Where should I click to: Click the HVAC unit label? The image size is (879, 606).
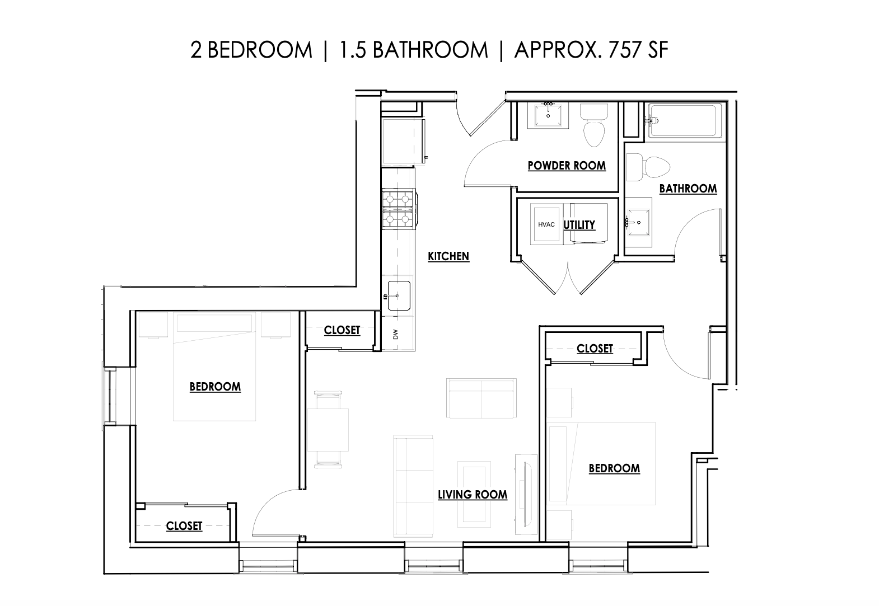pos(546,224)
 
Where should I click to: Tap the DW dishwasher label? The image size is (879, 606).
pos(395,335)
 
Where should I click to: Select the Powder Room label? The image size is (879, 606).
pos(567,166)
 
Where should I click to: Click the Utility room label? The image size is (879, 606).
pos(579,224)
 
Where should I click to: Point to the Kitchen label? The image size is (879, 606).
pos(448,256)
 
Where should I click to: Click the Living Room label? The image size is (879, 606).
pos(473,495)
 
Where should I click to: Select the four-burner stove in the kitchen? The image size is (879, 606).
pos(399,209)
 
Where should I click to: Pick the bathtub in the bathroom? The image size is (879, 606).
pos(685,121)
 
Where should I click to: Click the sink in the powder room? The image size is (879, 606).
pos(548,115)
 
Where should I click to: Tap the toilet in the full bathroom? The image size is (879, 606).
pos(649,167)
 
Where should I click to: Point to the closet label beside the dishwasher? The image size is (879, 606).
pos(342,330)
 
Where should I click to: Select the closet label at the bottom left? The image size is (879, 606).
pos(184,526)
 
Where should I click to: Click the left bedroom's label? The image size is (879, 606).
pos(215,387)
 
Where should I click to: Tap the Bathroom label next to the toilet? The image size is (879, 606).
pos(688,189)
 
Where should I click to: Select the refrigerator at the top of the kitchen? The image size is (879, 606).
pos(401,140)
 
